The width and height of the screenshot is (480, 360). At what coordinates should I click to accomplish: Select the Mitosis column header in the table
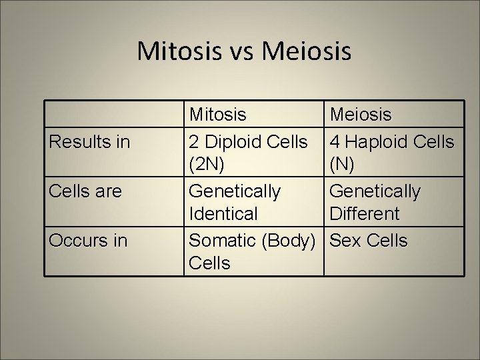tap(218, 115)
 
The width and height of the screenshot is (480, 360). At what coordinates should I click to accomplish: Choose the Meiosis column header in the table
tap(361, 115)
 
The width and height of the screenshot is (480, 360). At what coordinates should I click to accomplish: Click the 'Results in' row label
tap(89, 141)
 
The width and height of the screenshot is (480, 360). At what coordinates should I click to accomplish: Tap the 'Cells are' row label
tap(85, 191)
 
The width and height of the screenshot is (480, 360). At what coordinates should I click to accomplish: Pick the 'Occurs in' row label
tap(88, 240)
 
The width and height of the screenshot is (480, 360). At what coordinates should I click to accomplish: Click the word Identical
tap(223, 214)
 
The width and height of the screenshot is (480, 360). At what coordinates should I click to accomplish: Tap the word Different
tap(365, 214)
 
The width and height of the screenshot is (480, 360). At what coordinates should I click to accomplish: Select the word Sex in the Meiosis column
tap(345, 240)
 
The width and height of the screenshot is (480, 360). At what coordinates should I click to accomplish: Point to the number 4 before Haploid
tap(335, 142)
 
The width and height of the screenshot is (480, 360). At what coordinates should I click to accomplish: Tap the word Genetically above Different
tap(375, 191)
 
